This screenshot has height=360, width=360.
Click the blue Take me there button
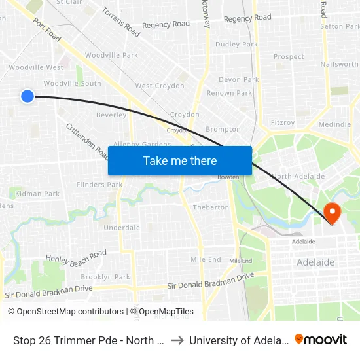(x=180, y=160)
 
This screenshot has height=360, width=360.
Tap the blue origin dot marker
(x=27, y=96)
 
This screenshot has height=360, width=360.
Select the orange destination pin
(x=332, y=212)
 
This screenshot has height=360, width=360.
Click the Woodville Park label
(x=111, y=56)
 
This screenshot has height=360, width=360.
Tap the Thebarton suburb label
(x=211, y=207)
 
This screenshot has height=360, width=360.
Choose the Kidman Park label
(x=39, y=194)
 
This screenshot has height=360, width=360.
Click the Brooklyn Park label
(x=105, y=277)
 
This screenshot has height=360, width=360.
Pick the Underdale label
(x=122, y=228)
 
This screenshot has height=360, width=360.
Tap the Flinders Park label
(x=99, y=185)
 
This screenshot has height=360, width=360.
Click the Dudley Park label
(x=236, y=45)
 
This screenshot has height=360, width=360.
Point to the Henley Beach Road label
(x=76, y=257)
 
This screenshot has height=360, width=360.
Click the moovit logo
(x=320, y=340)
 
